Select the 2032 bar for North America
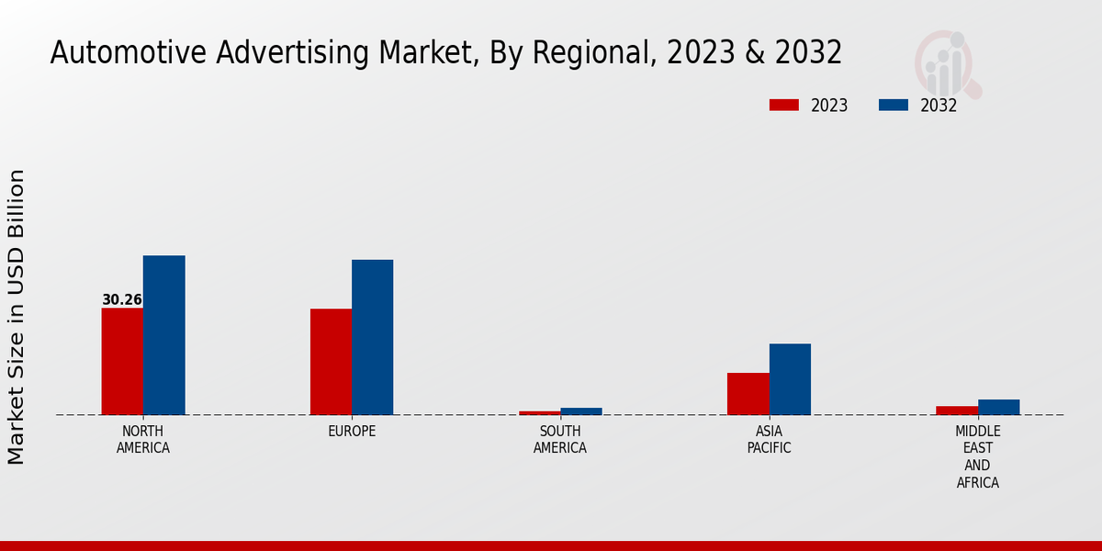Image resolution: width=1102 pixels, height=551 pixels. pos(163,335)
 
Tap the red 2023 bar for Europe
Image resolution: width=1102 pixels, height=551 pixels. pos(331,362)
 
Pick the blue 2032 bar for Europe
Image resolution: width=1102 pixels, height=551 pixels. pos(372,337)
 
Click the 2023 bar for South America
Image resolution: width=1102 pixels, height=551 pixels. pos(539,412)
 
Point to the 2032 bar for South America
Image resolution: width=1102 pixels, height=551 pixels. pos(581,411)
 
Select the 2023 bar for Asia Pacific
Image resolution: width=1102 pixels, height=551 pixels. pos(748,394)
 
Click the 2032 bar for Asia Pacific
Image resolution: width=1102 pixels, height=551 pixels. pos(790,379)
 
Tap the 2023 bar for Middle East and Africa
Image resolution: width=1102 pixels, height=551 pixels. pos(957,410)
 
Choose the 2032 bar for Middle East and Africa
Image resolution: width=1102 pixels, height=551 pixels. pos(998,407)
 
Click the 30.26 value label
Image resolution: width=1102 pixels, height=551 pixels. pos(122,300)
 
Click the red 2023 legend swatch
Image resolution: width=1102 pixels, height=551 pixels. pos(784,106)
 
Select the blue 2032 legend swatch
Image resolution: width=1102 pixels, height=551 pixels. pos(894,106)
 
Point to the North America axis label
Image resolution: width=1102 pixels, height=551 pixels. pos(143,440)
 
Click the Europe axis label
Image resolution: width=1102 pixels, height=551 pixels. pos(352,432)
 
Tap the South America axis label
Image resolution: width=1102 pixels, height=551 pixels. pos(560,440)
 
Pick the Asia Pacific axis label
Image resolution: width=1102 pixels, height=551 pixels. pos(769,440)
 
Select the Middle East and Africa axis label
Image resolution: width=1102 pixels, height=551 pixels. pos(977,456)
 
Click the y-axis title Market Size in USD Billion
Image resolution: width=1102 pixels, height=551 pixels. pos(17,317)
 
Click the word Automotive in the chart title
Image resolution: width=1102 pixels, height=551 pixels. pos(129,53)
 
